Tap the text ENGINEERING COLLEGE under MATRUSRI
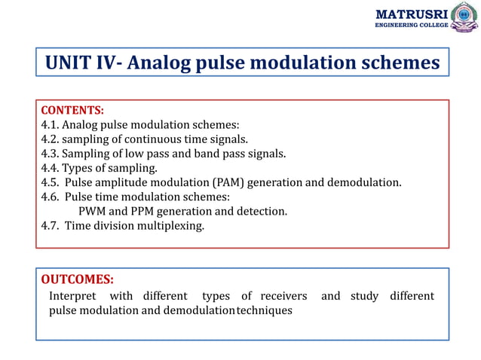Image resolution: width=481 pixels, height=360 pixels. (x=411, y=26)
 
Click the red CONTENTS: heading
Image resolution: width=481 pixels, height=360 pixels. (x=72, y=111)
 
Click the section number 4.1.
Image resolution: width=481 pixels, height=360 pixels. (x=50, y=125)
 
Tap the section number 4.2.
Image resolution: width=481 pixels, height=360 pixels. (x=50, y=139)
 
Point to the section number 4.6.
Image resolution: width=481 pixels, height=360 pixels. (x=50, y=197)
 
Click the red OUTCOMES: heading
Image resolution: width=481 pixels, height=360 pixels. (x=77, y=280)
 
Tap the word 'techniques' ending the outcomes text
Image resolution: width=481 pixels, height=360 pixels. (x=264, y=310)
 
